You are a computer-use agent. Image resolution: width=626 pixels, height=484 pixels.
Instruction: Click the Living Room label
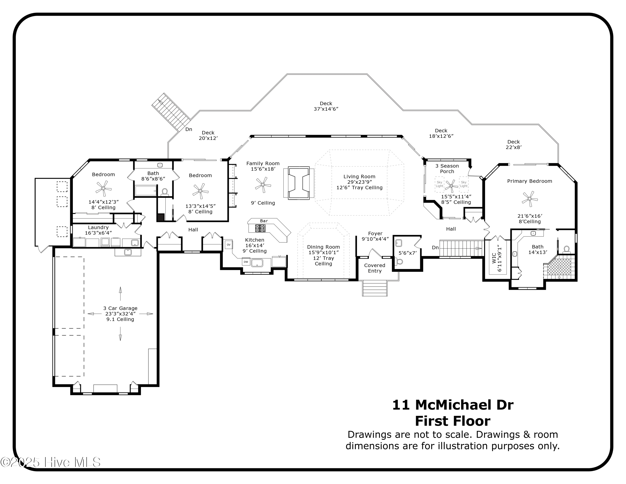(x=359, y=177)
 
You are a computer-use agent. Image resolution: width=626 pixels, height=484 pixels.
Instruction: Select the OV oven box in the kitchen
(x=228, y=245)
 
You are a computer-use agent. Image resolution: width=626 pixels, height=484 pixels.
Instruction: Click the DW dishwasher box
(x=246, y=262)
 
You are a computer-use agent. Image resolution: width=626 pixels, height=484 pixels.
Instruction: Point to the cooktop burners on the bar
(x=260, y=228)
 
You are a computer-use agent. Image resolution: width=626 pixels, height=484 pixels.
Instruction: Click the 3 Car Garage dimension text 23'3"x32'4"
(x=120, y=314)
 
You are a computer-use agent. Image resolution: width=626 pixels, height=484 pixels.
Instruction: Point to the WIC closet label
(x=493, y=258)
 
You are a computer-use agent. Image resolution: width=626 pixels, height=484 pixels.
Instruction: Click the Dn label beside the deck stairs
(x=189, y=129)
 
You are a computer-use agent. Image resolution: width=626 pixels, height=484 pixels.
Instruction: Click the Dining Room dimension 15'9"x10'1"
(x=323, y=252)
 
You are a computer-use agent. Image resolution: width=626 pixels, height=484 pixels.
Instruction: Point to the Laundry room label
(x=98, y=227)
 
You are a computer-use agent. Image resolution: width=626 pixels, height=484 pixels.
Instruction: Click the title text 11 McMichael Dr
(x=453, y=405)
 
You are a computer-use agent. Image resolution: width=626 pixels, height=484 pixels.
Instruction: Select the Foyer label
(x=375, y=233)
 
